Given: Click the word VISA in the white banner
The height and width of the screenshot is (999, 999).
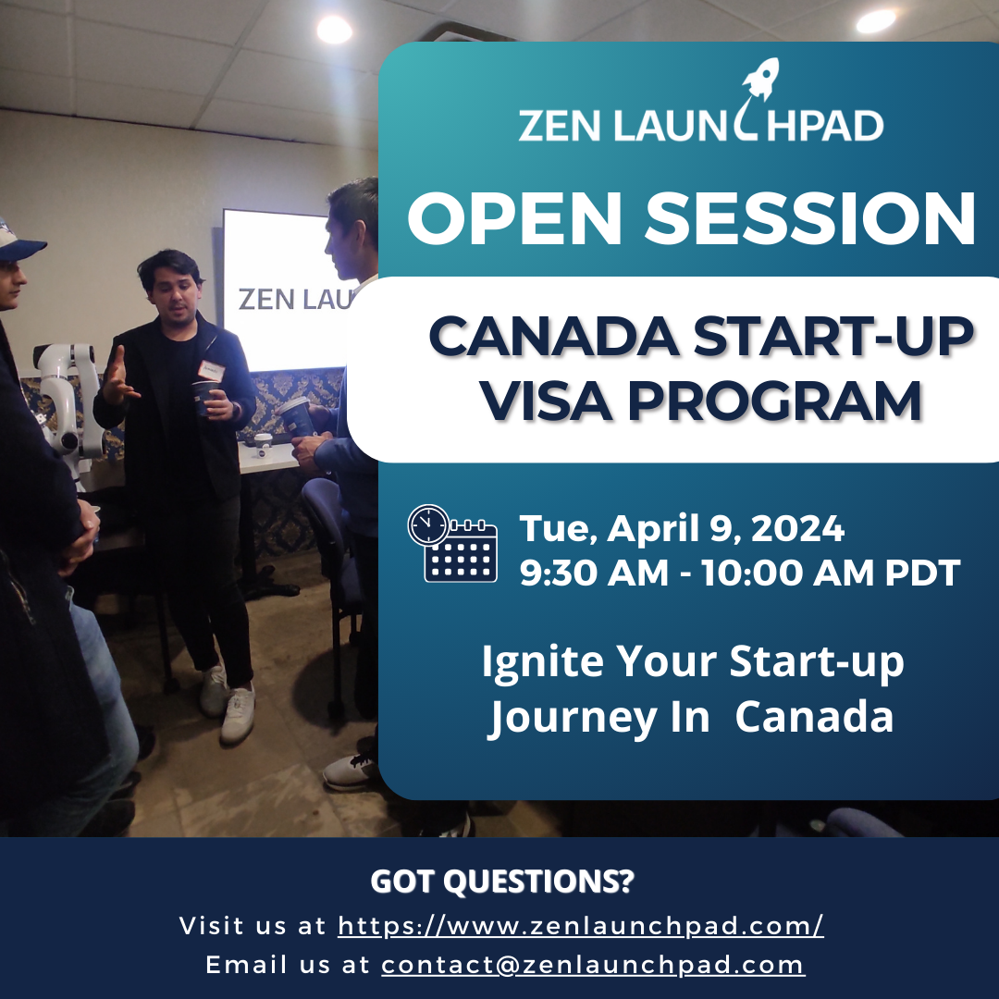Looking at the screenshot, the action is click(x=546, y=401).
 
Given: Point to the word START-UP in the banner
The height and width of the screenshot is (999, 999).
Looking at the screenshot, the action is click(x=833, y=336).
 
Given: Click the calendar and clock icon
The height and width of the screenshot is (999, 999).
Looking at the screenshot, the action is click(x=452, y=544).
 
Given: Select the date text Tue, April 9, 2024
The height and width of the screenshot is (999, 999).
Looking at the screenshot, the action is click(x=681, y=529).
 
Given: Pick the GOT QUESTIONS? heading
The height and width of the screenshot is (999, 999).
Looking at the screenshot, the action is click(x=502, y=882).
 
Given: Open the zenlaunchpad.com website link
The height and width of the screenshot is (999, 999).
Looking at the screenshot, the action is click(x=580, y=926).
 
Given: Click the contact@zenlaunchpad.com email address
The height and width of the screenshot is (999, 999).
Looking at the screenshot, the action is click(x=593, y=965).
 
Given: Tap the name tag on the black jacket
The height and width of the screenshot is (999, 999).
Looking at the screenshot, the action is click(x=210, y=371).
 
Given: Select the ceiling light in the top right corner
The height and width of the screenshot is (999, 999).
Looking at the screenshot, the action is click(x=875, y=21).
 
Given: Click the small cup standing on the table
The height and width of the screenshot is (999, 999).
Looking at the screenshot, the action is click(x=263, y=445).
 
